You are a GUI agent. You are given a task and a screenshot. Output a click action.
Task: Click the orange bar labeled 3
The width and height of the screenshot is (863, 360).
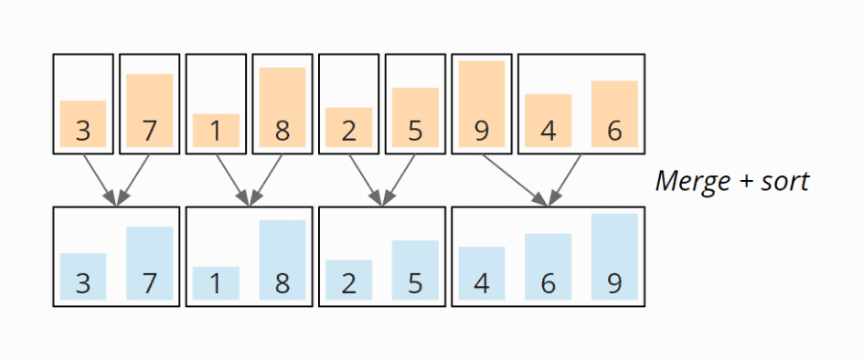(x=83, y=123)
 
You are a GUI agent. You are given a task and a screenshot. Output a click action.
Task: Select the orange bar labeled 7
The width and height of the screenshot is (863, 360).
(x=150, y=111)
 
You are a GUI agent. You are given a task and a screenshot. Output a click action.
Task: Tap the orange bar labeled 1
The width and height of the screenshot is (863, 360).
(x=216, y=130)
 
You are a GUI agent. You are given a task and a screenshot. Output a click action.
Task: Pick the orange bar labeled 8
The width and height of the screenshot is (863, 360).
(x=282, y=107)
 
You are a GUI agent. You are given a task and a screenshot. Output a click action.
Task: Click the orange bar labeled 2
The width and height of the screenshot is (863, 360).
(x=349, y=127)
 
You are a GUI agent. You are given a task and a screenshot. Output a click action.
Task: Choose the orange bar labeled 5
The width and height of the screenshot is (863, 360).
(x=415, y=117)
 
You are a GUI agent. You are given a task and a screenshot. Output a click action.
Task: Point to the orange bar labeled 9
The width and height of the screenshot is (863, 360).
(x=482, y=104)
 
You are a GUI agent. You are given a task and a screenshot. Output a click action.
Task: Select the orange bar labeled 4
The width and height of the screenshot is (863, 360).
(x=549, y=120)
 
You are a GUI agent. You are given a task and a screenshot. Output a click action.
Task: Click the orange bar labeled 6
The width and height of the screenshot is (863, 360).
(x=614, y=113)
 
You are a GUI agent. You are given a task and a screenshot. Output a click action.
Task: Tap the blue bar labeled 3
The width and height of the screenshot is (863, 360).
(x=83, y=276)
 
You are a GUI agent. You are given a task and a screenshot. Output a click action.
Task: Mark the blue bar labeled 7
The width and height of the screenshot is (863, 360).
(x=150, y=263)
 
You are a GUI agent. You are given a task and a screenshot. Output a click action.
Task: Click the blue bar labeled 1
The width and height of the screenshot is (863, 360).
(x=216, y=282)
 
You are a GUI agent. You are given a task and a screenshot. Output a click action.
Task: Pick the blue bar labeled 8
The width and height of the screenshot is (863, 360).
(x=282, y=259)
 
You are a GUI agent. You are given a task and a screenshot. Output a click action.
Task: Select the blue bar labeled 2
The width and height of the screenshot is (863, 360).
(x=349, y=280)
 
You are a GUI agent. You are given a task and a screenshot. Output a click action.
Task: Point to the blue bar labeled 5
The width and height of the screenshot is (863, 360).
(x=415, y=270)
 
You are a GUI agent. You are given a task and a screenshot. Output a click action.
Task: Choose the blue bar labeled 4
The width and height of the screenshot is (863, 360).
(x=482, y=273)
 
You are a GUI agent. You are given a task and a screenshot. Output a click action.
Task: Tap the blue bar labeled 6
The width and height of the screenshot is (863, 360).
(x=549, y=267)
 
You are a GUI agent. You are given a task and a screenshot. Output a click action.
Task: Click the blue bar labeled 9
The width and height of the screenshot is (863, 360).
(x=614, y=257)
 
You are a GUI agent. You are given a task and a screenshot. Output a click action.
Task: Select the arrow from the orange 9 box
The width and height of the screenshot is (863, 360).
(x=515, y=178)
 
